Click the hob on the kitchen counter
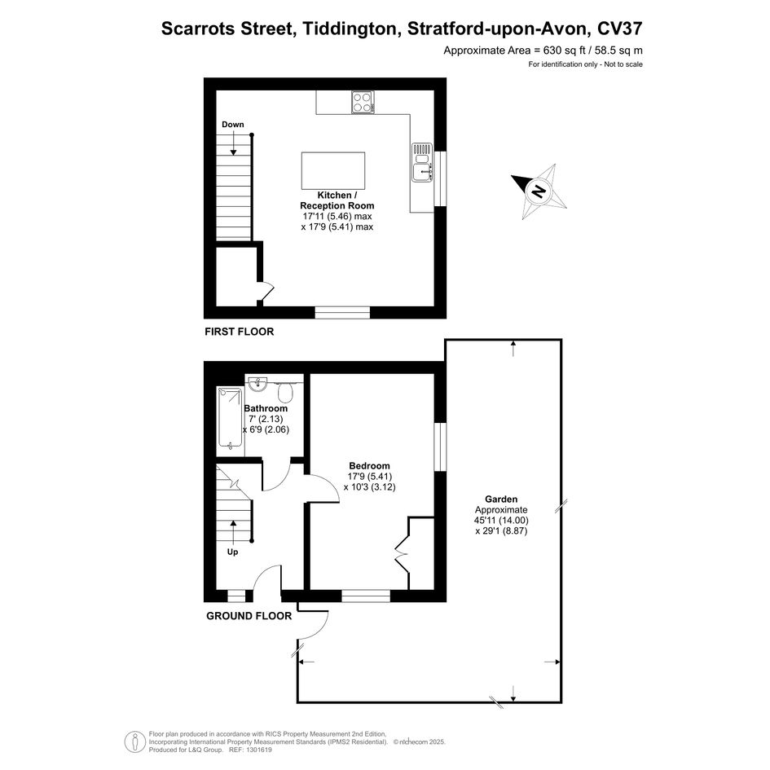pyautogui.click(x=363, y=103)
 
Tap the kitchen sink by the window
pyautogui.click(x=422, y=162)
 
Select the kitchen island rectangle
pyautogui.click(x=333, y=170)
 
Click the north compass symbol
pyautogui.click(x=539, y=191)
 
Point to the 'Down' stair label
pyautogui.click(x=233, y=124)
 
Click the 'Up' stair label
pyautogui.click(x=233, y=552)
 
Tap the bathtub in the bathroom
pyautogui.click(x=230, y=418)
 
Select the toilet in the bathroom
pyautogui.click(x=285, y=391)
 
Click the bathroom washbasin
pyautogui.click(x=257, y=384)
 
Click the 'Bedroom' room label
pyautogui.click(x=369, y=465)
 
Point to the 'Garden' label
pyautogui.click(x=501, y=499)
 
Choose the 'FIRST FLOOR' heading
pyautogui.click(x=240, y=332)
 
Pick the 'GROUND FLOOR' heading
pyautogui.click(x=249, y=616)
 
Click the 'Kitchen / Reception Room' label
pyautogui.click(x=337, y=200)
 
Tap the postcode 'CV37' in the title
pyautogui.click(x=620, y=29)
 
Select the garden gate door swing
pyautogui.click(x=313, y=625)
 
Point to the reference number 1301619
pyautogui.click(x=257, y=750)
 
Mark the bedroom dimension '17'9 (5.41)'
pyautogui.click(x=370, y=477)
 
